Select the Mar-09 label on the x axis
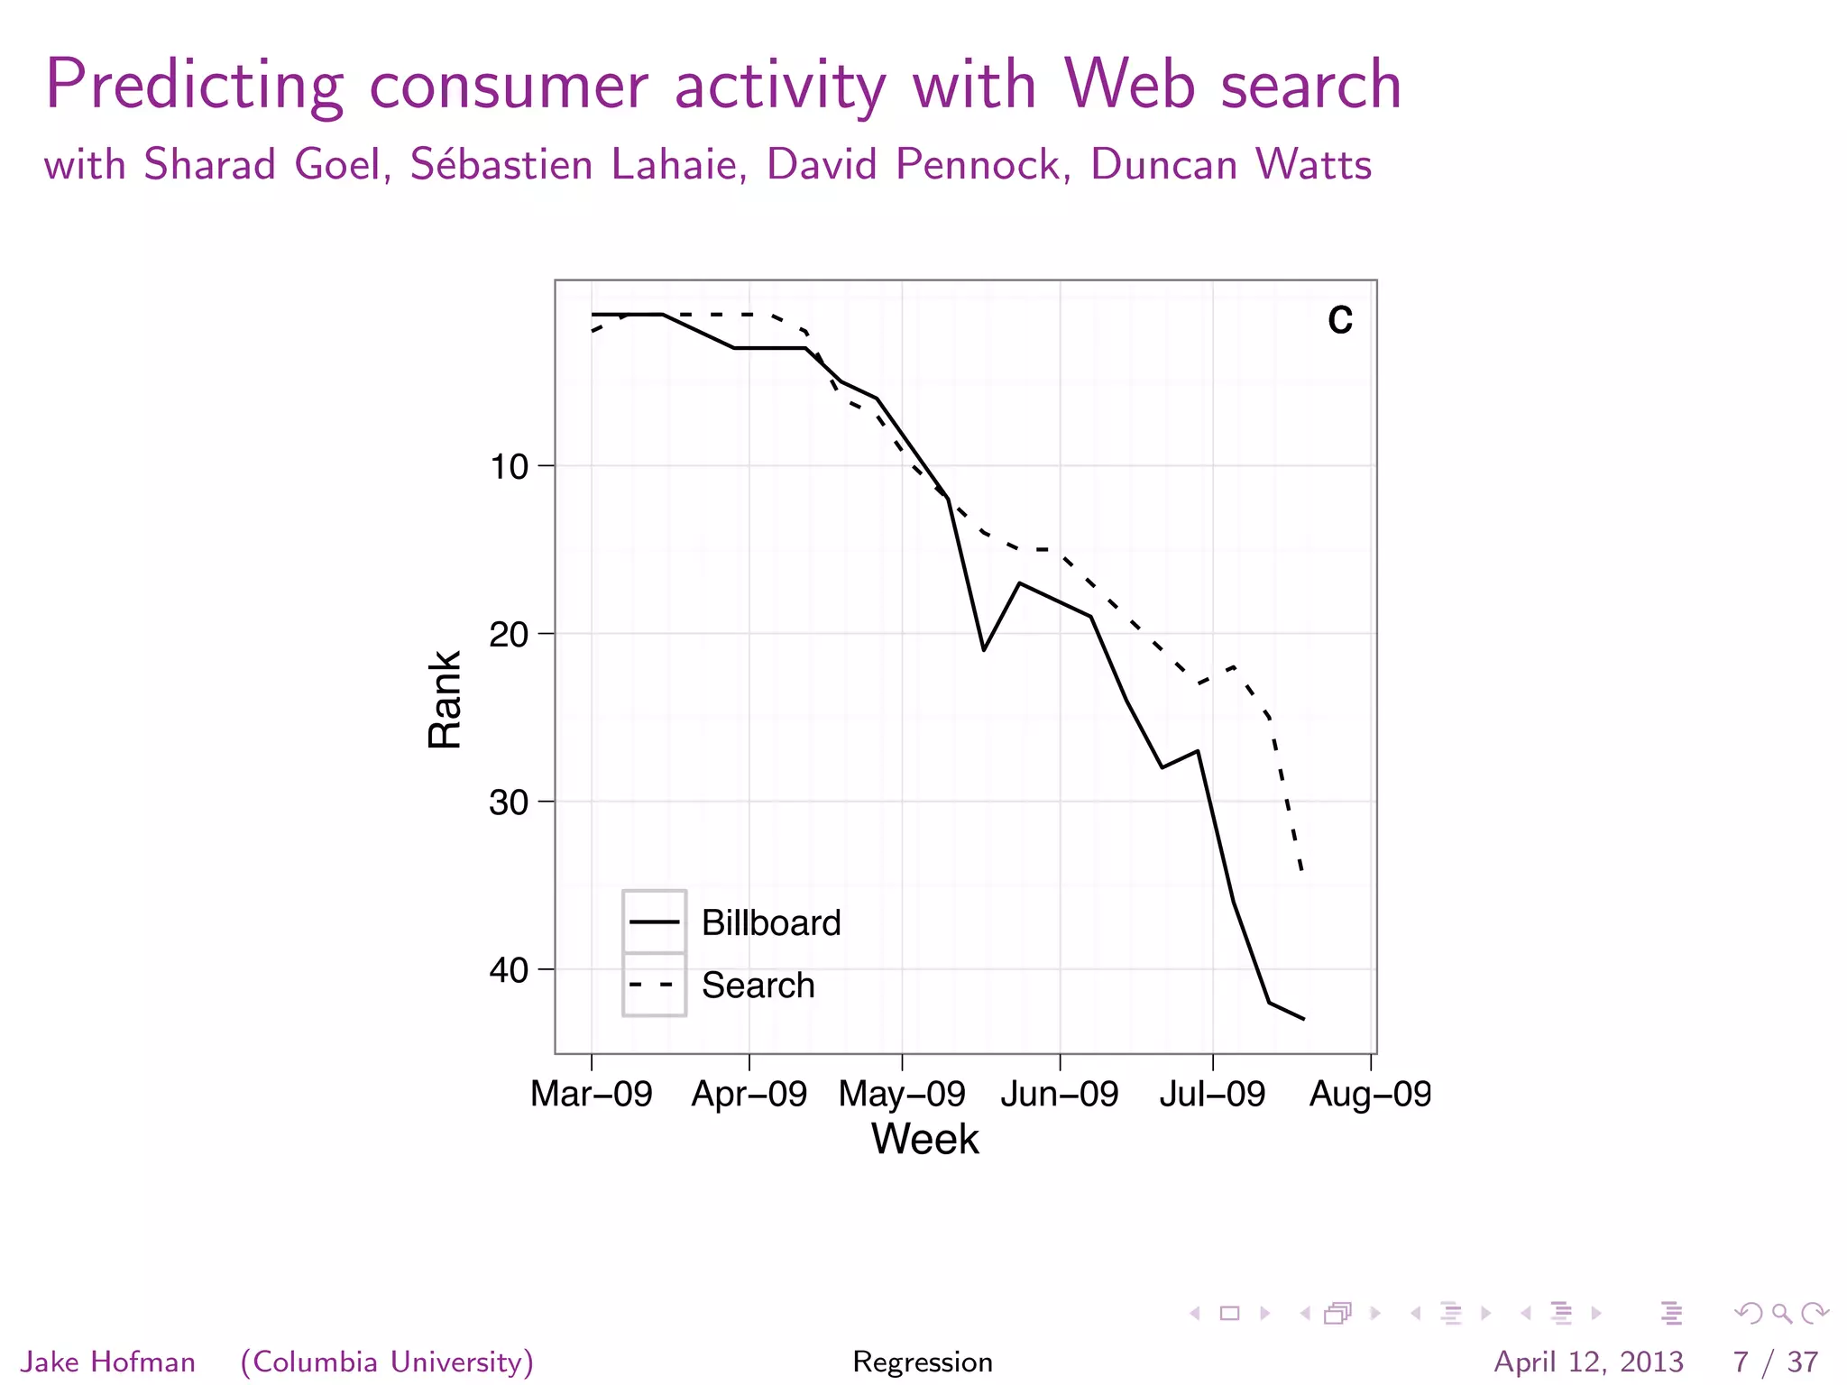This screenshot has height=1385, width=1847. coord(591,1094)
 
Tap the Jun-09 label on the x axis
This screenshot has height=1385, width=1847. coord(1059,1094)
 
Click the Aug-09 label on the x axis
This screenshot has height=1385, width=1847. coord(1369,1094)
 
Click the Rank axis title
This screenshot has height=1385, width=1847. coord(445,699)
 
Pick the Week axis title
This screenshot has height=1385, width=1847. coord(924,1139)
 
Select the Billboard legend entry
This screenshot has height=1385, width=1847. coord(770,922)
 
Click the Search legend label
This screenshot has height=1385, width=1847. coord(758,985)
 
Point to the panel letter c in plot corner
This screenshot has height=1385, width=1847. coord(1340,320)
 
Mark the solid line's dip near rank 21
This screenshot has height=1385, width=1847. coord(984,649)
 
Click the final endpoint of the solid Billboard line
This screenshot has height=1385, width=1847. coord(1304,1019)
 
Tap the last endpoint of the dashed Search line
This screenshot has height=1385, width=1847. coord(1301,869)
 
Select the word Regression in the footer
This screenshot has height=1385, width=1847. coord(923,1362)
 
